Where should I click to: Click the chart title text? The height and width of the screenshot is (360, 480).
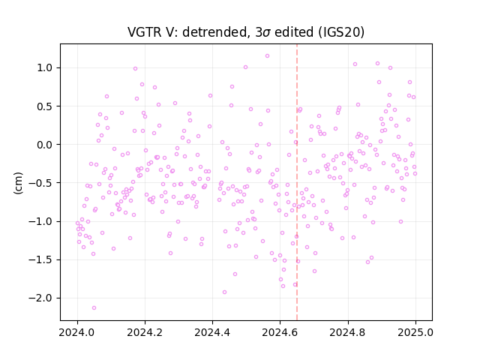point(246,31)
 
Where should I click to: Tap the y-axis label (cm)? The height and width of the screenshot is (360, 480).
point(18,183)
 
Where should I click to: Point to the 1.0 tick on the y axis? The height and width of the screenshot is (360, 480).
point(45,67)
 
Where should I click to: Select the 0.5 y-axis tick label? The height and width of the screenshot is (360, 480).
point(45,106)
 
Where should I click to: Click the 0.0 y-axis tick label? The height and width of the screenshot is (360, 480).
point(45,145)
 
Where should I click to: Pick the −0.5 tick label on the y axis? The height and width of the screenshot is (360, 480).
point(40,183)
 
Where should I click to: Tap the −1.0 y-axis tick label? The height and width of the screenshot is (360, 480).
point(40,221)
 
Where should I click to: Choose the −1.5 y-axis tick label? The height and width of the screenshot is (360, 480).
point(40,260)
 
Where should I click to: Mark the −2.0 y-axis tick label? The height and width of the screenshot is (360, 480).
point(40,298)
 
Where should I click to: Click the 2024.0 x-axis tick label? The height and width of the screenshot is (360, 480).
point(77,332)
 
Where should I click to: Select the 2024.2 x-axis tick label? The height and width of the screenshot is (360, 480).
point(145,332)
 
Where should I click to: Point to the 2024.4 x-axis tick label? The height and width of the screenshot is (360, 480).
point(212,332)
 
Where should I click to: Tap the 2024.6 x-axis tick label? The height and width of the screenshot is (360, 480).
point(280,332)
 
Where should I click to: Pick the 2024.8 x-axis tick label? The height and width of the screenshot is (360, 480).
point(347,332)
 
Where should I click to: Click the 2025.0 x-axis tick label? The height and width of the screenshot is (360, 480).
point(415,332)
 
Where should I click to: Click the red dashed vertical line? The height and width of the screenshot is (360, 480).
point(297,182)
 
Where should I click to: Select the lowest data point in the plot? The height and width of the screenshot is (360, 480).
point(94,307)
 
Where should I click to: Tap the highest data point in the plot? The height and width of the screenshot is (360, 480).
point(267,56)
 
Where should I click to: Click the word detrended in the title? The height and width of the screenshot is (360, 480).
point(215,32)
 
